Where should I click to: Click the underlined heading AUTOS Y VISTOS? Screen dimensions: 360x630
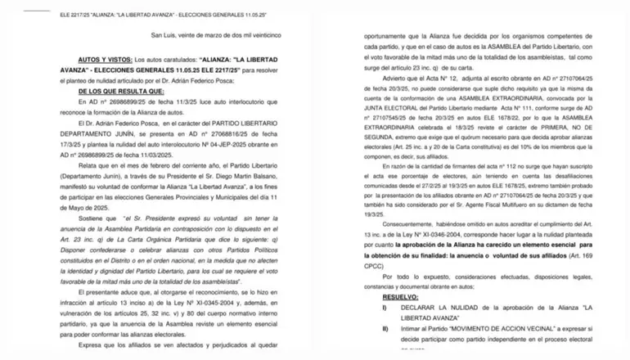coord(104,61)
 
